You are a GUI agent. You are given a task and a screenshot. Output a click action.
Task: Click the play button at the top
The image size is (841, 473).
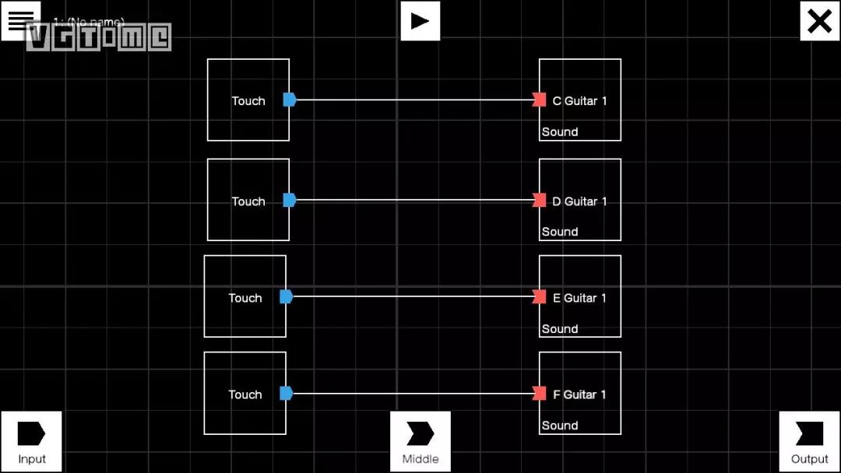[x=420, y=20]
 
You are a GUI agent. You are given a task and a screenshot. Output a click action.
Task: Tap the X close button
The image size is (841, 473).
[x=820, y=21]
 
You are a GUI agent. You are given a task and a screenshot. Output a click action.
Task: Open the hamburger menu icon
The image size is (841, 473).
[x=19, y=19]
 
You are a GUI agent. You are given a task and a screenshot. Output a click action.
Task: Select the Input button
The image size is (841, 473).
[x=31, y=441]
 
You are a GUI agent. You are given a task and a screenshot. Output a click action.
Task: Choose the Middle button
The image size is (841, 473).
[x=420, y=441]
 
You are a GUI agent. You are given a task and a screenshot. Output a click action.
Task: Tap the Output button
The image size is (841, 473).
[x=810, y=441]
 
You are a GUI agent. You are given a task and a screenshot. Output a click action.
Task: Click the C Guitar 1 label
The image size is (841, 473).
[x=579, y=101]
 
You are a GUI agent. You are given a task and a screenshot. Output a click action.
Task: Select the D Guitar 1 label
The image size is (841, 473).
[x=579, y=201]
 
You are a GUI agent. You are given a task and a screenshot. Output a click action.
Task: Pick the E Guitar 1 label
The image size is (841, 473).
[x=579, y=298]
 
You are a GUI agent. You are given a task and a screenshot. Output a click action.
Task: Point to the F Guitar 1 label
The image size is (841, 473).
[x=579, y=394]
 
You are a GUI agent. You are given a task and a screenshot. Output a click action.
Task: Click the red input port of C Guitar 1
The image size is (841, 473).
[x=539, y=100]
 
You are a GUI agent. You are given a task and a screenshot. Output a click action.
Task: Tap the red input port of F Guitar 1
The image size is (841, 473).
[x=539, y=393]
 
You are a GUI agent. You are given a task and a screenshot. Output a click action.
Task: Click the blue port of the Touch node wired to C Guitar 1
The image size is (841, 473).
[x=290, y=100]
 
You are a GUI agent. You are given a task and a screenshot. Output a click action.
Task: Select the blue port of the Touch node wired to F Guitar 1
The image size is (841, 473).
[x=286, y=393]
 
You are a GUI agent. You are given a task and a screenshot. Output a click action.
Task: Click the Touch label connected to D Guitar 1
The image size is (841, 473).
[x=248, y=201]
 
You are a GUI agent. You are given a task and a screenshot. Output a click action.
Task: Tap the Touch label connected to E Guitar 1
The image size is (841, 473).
[x=245, y=298]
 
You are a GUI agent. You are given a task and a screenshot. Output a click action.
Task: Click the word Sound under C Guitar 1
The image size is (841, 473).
[x=560, y=132]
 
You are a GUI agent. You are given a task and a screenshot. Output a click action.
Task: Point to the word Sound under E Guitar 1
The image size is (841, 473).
[x=560, y=329]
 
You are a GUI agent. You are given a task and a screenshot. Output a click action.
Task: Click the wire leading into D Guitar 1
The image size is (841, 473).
[x=413, y=200]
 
